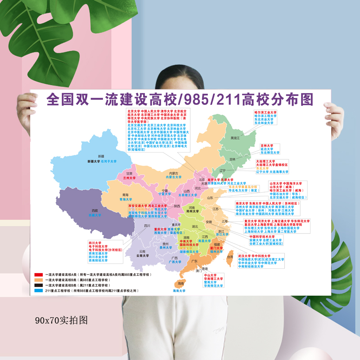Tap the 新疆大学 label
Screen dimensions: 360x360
[x=94, y=161]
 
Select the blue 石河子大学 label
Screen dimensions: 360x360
[x=109, y=161]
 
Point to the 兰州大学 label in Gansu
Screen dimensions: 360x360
[x=130, y=178]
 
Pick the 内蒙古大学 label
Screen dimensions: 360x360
[x=176, y=177]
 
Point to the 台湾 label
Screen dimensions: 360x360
[x=230, y=256]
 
